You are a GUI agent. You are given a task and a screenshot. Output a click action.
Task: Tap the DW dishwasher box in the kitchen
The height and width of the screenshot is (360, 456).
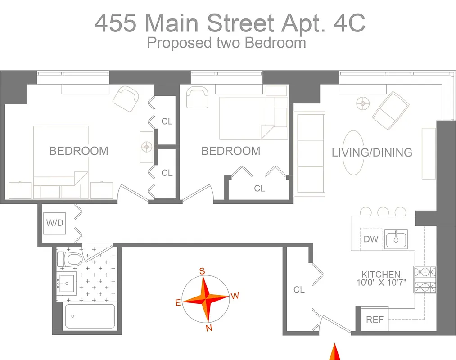(x=371, y=239)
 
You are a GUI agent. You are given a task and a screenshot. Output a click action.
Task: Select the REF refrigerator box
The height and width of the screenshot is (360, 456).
(x=375, y=319)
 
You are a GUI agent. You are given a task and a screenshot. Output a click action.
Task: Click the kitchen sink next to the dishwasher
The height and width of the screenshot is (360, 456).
(x=396, y=238)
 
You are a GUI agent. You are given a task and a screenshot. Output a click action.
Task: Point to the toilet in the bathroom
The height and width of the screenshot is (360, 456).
(x=68, y=259)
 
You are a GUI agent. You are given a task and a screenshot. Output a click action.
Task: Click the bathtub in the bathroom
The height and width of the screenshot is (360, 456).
(x=90, y=316)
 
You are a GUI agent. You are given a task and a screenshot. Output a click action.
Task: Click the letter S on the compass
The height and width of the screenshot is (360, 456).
(x=203, y=271)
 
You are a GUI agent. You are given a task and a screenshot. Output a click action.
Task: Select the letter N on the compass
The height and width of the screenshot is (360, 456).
(x=209, y=328)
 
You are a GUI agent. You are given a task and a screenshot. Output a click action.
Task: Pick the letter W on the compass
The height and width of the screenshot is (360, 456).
(x=235, y=296)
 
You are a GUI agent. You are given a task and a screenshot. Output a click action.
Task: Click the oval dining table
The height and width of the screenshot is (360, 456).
(x=354, y=153)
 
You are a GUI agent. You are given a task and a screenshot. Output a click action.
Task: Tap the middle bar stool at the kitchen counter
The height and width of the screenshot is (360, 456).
(x=383, y=211)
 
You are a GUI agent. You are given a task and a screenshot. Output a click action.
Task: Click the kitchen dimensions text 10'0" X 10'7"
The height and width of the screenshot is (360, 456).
(x=381, y=283)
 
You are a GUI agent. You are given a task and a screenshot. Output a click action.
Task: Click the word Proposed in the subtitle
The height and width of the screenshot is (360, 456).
(x=173, y=43)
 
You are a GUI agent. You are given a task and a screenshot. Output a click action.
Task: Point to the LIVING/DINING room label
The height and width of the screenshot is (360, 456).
(x=372, y=153)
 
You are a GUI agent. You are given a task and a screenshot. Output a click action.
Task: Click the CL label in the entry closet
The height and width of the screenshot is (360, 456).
(x=299, y=290)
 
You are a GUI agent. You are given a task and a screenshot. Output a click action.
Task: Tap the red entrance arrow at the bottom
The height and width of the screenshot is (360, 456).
(x=334, y=352)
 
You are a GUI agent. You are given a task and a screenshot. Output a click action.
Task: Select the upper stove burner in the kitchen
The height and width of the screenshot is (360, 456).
(x=424, y=272)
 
